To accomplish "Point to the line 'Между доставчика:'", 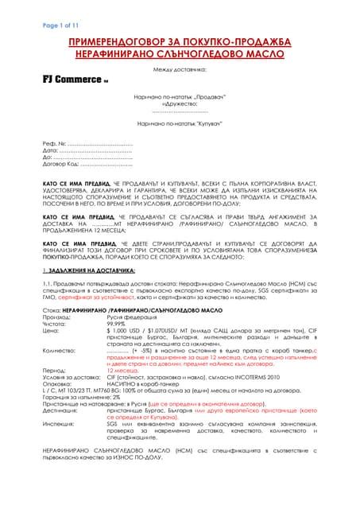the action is coord(180,69).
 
